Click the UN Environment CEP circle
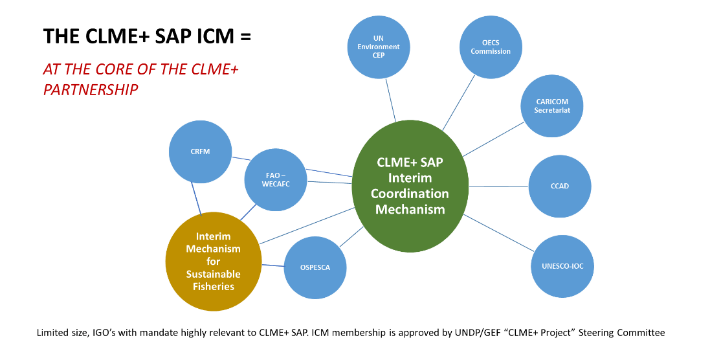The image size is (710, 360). coord(379,47)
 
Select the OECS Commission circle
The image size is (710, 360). coord(491,47)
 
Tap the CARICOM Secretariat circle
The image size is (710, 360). coord(552,106)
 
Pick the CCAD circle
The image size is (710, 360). coord(560,186)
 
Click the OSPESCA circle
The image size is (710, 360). coord(315,267)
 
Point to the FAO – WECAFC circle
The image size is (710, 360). coord(275,179)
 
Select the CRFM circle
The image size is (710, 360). coord(200,152)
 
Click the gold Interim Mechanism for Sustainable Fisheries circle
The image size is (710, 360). coord(213,262)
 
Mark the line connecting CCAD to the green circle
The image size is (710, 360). coord(499,186)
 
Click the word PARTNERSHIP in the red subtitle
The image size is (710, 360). coord(91,89)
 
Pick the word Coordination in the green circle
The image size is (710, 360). coord(410,194)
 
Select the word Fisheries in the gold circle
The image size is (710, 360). coord(213,286)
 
